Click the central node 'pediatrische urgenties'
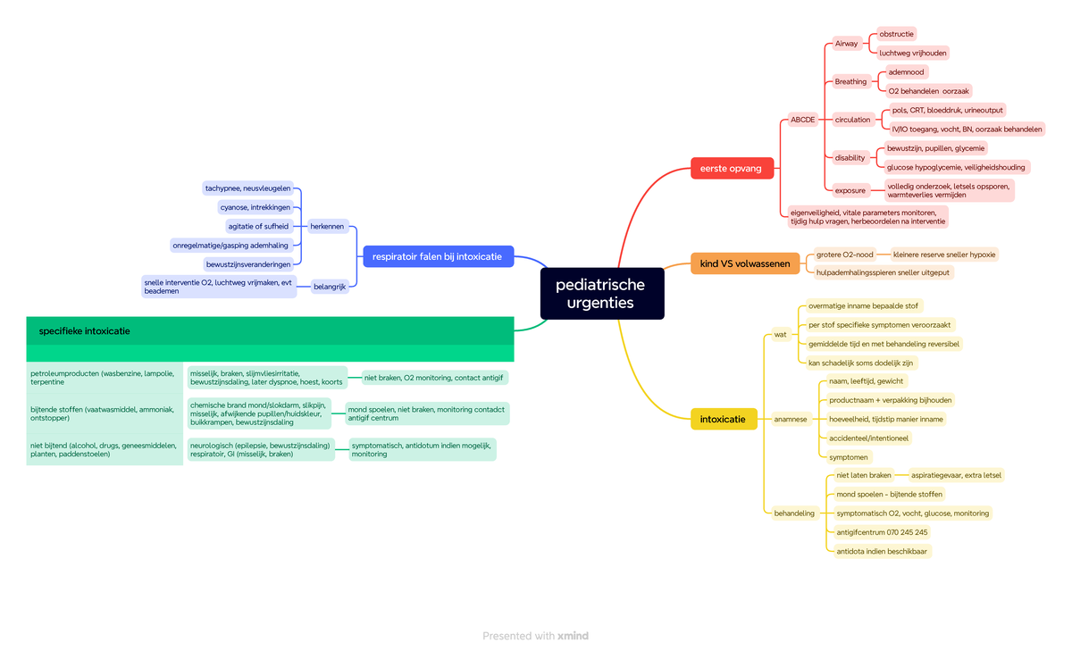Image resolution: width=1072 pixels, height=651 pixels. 602,293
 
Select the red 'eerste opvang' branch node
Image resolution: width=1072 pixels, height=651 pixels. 732,169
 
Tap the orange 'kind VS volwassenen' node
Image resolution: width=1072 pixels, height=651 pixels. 745,263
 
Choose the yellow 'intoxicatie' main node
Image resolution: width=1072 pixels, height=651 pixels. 724,419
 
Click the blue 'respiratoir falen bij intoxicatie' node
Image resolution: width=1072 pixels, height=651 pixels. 438,256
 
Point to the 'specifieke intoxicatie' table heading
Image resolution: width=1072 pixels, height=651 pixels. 84,331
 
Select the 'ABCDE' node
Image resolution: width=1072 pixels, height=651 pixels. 802,120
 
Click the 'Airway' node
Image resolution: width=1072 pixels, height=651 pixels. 847,44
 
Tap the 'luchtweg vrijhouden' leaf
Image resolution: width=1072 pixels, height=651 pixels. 913,53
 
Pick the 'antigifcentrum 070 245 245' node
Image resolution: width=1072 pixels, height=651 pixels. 882,532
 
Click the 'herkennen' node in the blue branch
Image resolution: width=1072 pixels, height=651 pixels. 327,226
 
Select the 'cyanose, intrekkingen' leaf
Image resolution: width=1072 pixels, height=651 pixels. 255,207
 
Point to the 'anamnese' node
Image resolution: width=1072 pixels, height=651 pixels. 791,419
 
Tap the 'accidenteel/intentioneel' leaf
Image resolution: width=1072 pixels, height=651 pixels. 868,438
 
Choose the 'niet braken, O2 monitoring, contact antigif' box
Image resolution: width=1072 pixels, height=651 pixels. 434,378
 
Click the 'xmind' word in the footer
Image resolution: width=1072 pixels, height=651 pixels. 573,636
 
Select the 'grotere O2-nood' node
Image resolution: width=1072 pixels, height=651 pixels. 845,255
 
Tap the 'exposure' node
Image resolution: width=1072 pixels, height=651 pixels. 850,190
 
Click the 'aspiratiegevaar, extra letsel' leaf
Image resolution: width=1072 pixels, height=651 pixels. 956,475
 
